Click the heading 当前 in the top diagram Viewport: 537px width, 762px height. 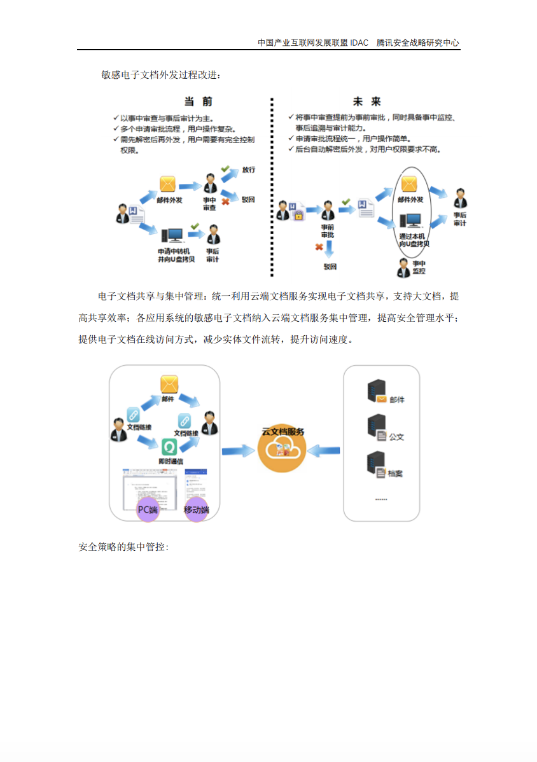click(x=198, y=102)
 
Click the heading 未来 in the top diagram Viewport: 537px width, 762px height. click(x=366, y=102)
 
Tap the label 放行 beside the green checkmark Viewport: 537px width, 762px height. click(x=248, y=170)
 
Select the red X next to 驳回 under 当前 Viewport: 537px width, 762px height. click(x=225, y=201)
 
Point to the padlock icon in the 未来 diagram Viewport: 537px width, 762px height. click(x=297, y=215)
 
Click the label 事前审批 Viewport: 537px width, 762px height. click(x=327, y=231)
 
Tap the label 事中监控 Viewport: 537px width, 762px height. click(x=419, y=267)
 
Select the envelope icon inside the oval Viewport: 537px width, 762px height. click(x=408, y=184)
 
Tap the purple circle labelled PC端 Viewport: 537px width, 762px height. click(x=148, y=509)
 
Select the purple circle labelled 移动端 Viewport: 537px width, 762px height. click(x=197, y=509)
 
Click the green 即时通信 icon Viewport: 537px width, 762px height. click(x=169, y=446)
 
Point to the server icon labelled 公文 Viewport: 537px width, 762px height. click(x=376, y=426)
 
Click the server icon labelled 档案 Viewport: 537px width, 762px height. click(x=376, y=463)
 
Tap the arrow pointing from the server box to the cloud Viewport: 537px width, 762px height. click(x=323, y=451)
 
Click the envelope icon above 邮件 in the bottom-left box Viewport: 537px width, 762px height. click(x=169, y=384)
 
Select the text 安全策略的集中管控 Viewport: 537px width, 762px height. click(x=123, y=547)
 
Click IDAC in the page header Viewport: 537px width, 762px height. click(x=359, y=43)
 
